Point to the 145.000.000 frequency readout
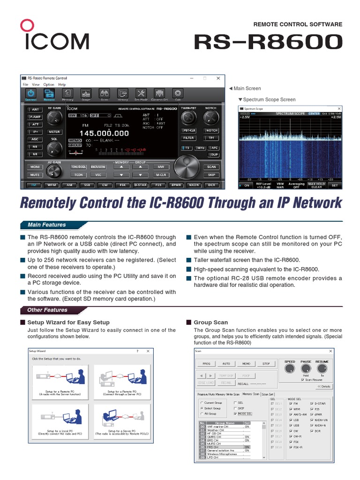(x=104, y=134)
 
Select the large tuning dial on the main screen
(x=187, y=166)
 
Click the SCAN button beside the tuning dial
(x=212, y=167)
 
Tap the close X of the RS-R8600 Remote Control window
(x=218, y=78)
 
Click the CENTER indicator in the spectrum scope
(x=314, y=113)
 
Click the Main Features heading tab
(x=47, y=225)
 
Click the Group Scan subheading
(x=211, y=322)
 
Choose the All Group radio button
(x=202, y=414)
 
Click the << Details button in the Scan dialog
(x=324, y=386)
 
